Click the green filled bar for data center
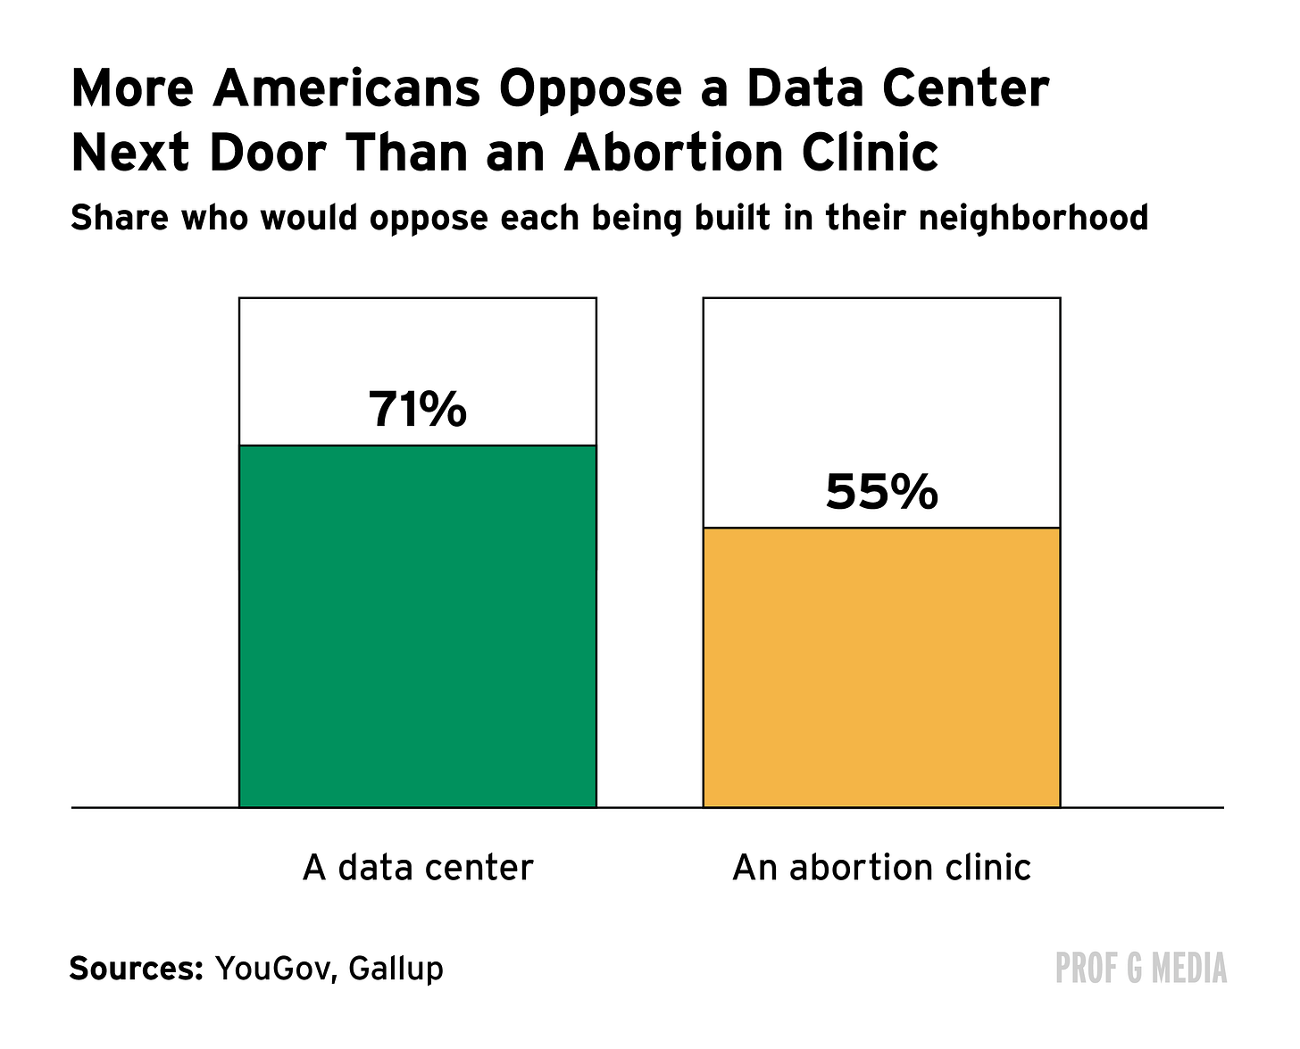coord(418,626)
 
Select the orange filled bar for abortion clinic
coord(881,668)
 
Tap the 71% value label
coord(418,409)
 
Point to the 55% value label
coord(881,492)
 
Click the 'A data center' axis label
coord(418,868)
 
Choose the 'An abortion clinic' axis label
coord(881,868)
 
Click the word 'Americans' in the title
coord(346,88)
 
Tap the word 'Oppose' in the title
coord(590,92)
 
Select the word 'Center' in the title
coord(964,88)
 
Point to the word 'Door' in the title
coord(268,152)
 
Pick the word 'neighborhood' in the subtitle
coord(1033,218)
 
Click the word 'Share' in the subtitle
coord(120,218)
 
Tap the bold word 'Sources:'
coord(136,968)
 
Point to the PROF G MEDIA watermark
coord(1140,968)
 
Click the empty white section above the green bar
coord(418,345)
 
